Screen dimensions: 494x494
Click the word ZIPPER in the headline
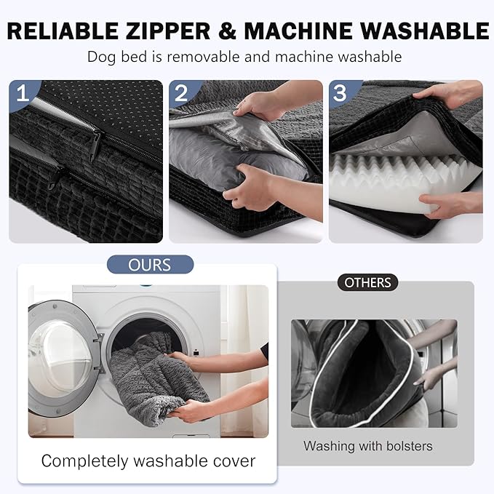(x=168, y=31)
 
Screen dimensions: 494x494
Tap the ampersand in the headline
(x=227, y=31)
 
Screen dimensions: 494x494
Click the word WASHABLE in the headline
(x=425, y=31)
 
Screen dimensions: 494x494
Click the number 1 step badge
(x=22, y=93)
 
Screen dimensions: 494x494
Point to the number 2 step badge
(x=181, y=93)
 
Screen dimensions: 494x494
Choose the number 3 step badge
(x=340, y=93)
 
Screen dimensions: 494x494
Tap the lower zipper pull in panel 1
(x=54, y=180)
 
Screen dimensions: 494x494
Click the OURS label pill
(x=150, y=265)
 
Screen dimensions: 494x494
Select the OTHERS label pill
(x=367, y=282)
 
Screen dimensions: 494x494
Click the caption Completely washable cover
(x=148, y=461)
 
